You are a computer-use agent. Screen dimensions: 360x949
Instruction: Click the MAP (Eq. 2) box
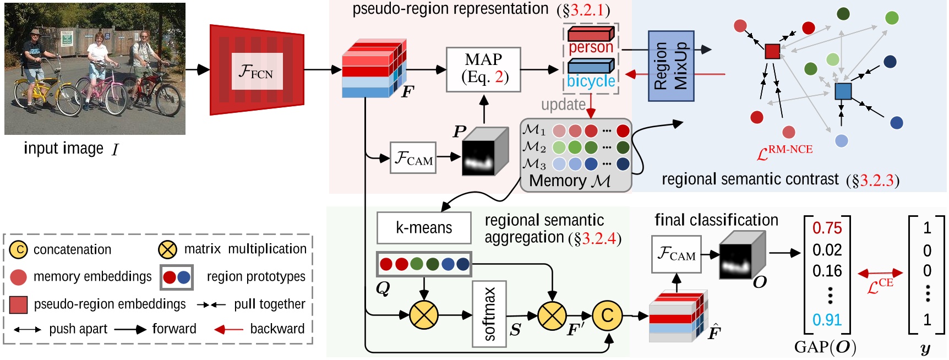click(x=483, y=69)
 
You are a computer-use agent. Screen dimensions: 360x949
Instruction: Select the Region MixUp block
click(x=670, y=66)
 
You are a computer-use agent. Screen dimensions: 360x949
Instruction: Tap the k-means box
click(x=424, y=228)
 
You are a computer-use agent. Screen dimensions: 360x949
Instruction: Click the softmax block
click(x=489, y=314)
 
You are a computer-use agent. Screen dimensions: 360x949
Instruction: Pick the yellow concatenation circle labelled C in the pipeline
click(x=607, y=315)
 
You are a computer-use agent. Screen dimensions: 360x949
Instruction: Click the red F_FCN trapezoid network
click(x=257, y=70)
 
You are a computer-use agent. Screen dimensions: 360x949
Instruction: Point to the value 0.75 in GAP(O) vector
click(x=827, y=228)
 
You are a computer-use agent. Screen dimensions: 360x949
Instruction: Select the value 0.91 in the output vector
click(x=827, y=320)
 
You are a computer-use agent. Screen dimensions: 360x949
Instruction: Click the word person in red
click(x=590, y=47)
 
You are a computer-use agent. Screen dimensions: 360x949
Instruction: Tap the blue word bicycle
click(x=591, y=81)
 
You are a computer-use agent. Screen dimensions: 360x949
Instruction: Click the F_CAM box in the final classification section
click(x=676, y=254)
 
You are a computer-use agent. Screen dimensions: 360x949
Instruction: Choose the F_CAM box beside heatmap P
click(x=413, y=158)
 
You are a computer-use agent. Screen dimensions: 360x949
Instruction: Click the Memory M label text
click(x=569, y=181)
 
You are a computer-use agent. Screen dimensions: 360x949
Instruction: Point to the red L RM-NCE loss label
click(x=784, y=152)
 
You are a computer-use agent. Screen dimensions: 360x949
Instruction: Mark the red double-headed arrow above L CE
click(x=880, y=272)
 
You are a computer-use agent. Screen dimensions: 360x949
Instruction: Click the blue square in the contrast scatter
click(x=843, y=91)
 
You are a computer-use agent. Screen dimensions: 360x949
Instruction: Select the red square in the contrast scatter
click(x=772, y=51)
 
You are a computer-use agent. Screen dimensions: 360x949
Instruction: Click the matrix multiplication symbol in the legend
click(x=167, y=249)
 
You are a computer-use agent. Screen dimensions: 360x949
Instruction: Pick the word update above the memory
click(x=563, y=105)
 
